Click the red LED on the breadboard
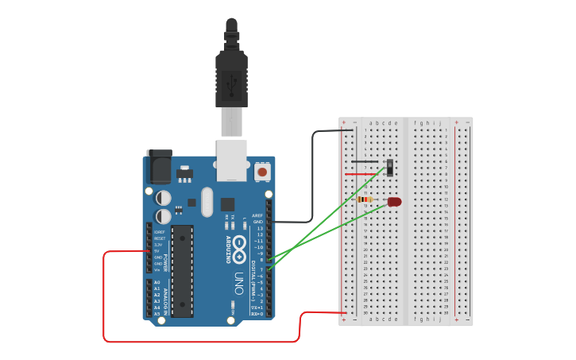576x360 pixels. point(395,202)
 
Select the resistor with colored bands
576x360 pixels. point(366,199)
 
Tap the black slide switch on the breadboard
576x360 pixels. point(390,166)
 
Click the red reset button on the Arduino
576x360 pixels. point(262,171)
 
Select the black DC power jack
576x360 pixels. point(159,168)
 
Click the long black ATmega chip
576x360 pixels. point(182,270)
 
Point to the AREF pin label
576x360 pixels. point(257,215)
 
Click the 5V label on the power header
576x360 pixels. point(159,251)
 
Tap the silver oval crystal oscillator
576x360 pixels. point(207,202)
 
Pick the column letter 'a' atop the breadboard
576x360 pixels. point(371,123)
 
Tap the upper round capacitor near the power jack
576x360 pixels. point(164,197)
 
